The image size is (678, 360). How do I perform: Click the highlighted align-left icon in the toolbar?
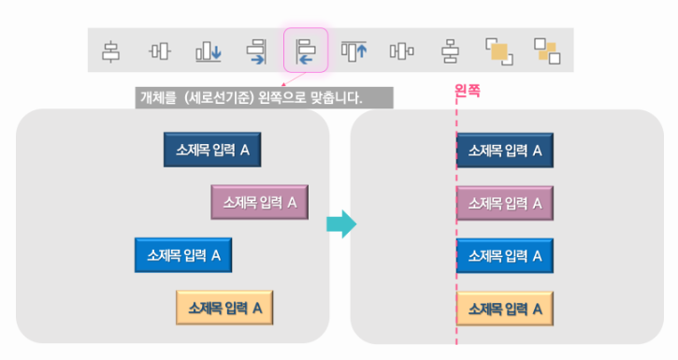[306, 50]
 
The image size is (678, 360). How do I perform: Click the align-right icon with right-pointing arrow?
[257, 50]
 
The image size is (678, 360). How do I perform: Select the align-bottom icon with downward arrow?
[208, 50]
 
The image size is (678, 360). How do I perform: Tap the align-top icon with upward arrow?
[353, 50]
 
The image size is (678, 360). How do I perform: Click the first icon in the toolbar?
[111, 50]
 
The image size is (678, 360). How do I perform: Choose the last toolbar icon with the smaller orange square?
[546, 50]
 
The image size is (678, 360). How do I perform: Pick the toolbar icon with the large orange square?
[498, 50]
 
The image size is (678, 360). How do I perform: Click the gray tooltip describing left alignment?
[263, 97]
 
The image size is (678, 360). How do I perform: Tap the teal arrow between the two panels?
[341, 223]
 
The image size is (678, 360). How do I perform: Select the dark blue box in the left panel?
[212, 150]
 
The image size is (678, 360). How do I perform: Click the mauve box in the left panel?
[259, 202]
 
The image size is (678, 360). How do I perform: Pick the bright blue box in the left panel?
[183, 254]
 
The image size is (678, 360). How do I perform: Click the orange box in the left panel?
[224, 307]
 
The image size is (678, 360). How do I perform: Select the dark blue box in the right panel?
[504, 150]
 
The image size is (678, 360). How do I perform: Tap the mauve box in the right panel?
[504, 202]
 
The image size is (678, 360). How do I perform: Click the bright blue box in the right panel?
[504, 254]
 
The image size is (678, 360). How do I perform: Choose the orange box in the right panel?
[504, 307]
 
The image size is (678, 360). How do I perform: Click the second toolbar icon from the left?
[160, 50]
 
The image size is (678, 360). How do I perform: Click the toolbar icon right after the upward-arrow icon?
[402, 50]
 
